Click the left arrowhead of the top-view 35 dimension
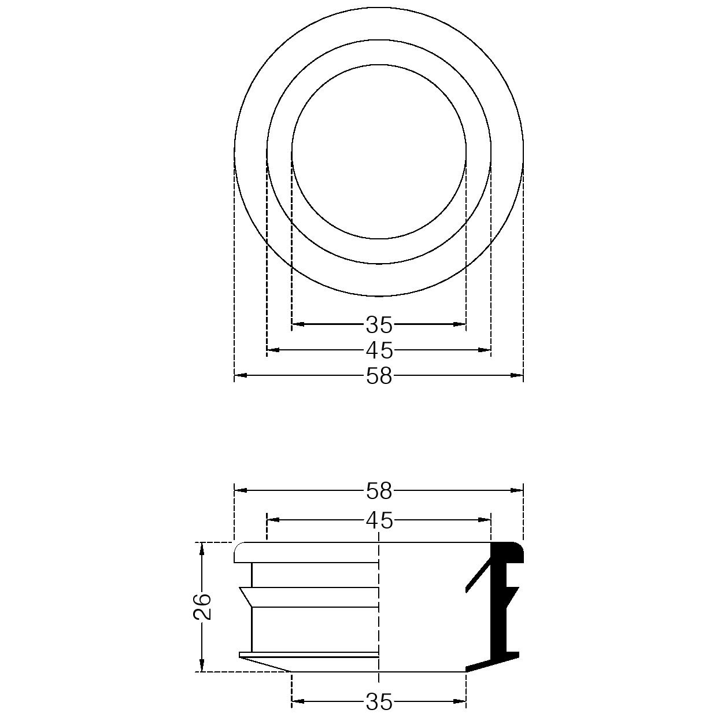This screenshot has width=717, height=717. point(298,324)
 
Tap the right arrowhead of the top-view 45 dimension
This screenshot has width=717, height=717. point(485,350)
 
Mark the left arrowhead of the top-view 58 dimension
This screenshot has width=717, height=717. point(241,376)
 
